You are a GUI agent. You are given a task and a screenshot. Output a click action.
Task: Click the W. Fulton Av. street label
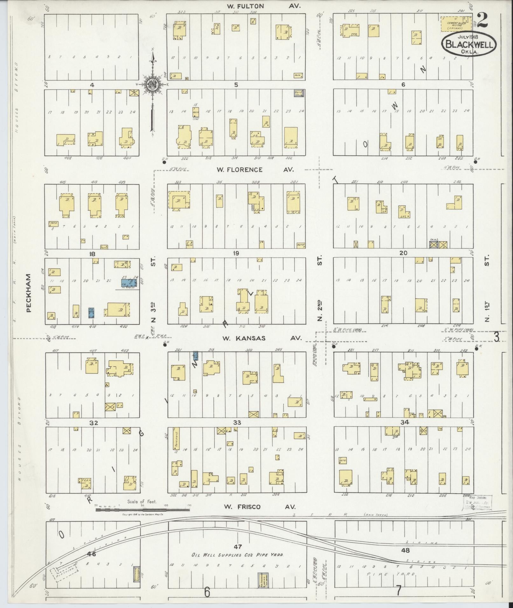(x=264, y=6)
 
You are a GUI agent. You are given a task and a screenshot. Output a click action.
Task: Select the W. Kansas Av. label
(x=261, y=338)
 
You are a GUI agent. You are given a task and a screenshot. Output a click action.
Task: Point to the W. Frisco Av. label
(x=260, y=507)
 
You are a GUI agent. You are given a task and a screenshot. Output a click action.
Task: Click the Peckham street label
(x=29, y=293)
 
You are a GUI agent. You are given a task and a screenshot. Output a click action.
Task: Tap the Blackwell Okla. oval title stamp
(x=468, y=44)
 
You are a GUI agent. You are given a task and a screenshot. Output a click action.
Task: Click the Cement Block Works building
(x=456, y=24)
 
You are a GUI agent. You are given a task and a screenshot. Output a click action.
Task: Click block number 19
(x=236, y=253)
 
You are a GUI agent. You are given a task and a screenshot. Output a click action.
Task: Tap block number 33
(x=237, y=422)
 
